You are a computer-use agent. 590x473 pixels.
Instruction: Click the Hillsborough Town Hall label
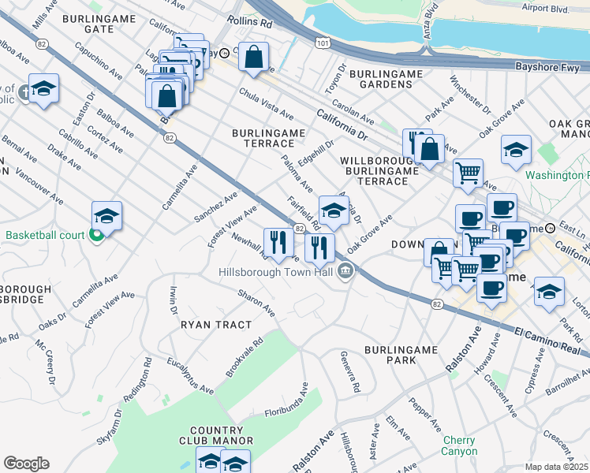click(276, 273)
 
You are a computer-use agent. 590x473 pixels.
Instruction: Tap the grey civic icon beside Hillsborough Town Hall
click(345, 273)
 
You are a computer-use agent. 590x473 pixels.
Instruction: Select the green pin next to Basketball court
click(96, 235)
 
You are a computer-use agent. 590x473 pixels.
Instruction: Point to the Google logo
click(25, 463)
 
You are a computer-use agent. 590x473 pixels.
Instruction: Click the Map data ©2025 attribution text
click(556, 467)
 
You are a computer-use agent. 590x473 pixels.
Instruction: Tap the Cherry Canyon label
click(459, 445)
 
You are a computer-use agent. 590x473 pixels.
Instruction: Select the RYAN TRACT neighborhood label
click(216, 324)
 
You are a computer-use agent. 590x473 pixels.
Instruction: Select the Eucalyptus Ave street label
click(191, 374)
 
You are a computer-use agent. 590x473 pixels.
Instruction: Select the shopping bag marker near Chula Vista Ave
click(253, 58)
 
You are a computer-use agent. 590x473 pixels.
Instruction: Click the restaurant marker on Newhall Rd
click(278, 243)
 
